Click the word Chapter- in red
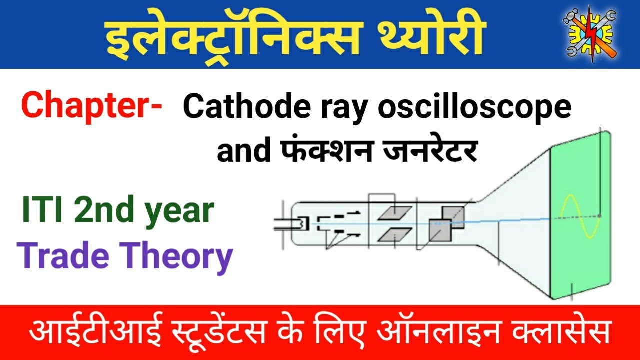(x=91, y=105)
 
